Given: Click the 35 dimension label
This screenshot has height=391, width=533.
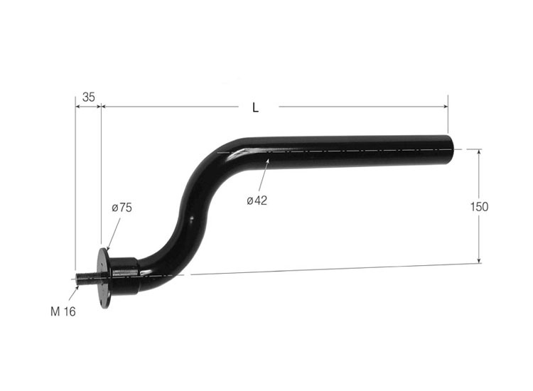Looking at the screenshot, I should click(89, 97).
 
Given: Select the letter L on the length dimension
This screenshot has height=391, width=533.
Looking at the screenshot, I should click(256, 108).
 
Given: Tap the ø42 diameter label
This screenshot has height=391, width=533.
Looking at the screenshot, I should click(257, 200).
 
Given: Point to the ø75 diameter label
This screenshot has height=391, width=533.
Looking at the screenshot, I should click(122, 208).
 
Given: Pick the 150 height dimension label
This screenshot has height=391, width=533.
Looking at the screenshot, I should click(480, 207).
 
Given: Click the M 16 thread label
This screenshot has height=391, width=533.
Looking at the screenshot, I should click(63, 311).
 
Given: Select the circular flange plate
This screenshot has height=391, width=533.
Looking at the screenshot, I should click(105, 277).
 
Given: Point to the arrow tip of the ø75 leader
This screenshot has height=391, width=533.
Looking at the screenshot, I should click(107, 249).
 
